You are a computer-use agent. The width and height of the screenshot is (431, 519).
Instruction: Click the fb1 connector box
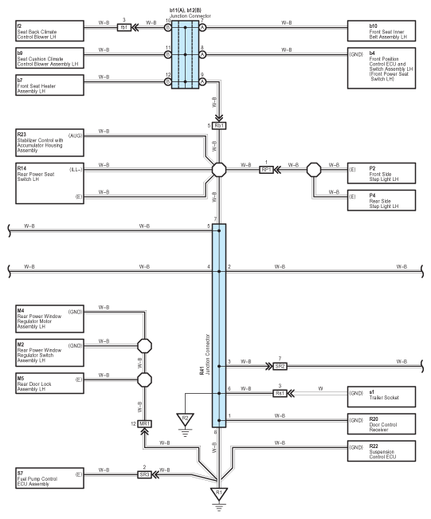pos(124,27)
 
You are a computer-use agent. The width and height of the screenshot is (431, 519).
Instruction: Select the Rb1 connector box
pos(219,126)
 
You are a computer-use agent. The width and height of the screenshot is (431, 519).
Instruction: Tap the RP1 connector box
pos(266,170)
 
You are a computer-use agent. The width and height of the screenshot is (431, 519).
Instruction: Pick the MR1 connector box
pos(144,423)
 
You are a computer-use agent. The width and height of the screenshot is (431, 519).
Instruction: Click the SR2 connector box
pos(280,367)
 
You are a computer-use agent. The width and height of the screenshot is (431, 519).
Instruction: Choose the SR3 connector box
pos(144,474)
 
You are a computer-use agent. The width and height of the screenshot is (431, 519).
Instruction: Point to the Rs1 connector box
pos(280,393)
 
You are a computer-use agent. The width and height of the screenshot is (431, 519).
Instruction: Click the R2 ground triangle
pos(186,419)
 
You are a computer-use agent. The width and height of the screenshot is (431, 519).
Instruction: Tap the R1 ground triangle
pos(219,493)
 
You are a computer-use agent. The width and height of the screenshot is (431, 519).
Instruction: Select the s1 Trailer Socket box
pos(382,396)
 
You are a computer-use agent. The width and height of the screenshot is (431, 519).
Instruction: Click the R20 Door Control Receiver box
pos(382,423)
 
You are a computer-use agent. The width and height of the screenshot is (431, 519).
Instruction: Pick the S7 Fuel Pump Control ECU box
pos(49,478)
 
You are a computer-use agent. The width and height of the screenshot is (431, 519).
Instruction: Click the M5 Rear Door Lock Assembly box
pos(49,383)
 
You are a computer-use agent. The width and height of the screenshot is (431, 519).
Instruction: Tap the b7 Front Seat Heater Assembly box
pos(49,85)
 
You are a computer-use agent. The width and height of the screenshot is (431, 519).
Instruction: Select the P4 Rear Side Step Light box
pos(382,200)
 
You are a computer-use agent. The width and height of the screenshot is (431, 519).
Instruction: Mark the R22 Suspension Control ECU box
pos(382,450)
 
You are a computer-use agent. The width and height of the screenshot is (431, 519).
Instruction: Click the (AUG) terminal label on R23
pos(75,136)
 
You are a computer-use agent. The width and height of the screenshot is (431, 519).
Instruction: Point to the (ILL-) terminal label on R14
pos(76,170)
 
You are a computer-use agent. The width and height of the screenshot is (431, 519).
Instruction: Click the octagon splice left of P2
pos(314,170)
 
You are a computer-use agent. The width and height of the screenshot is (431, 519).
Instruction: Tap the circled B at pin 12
pos(168,81)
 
